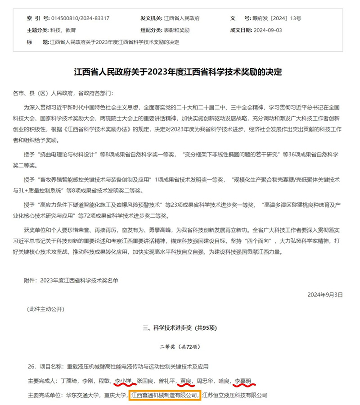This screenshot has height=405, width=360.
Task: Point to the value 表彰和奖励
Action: [x=176, y=30]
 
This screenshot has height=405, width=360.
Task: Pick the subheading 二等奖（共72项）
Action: [x=179, y=346]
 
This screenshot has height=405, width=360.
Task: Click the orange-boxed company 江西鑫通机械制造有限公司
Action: [x=164, y=395]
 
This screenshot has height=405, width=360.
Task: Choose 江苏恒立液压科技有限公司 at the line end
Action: [x=234, y=395]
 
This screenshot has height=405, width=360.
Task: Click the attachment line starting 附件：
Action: [x=71, y=280]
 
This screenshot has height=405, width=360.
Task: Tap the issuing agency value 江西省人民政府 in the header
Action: [x=182, y=18]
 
